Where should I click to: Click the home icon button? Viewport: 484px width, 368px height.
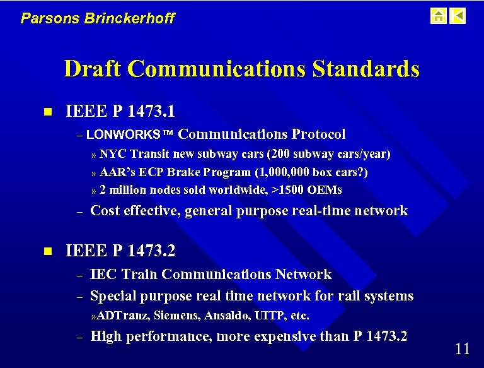[439, 16]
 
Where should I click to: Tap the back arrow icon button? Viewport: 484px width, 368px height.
[458, 16]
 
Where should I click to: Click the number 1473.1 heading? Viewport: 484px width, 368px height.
[151, 112]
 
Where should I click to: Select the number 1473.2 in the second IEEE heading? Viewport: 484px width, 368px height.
[151, 251]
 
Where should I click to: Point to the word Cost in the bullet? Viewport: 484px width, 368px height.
[105, 211]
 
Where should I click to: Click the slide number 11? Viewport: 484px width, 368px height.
[462, 349]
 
